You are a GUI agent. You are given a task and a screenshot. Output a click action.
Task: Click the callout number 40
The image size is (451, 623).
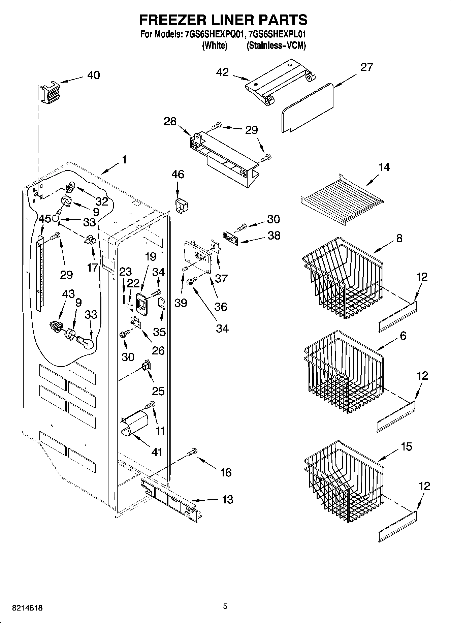point(93,75)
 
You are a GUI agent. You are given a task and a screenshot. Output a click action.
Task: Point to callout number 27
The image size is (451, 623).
point(367,67)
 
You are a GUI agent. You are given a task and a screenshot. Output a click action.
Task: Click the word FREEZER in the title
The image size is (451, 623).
point(170,20)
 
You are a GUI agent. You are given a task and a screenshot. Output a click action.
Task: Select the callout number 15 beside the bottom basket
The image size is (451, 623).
point(407,447)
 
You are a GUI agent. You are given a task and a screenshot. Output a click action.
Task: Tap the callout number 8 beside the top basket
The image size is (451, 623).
point(399,239)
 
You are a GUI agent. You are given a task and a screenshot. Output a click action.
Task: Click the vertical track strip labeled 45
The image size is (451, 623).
point(40,273)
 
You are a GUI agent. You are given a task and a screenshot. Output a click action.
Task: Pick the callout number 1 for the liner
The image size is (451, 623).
point(124,159)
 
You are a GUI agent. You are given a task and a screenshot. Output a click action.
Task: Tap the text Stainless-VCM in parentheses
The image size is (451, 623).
point(276,46)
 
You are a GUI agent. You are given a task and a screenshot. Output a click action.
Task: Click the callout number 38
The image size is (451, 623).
point(274,235)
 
